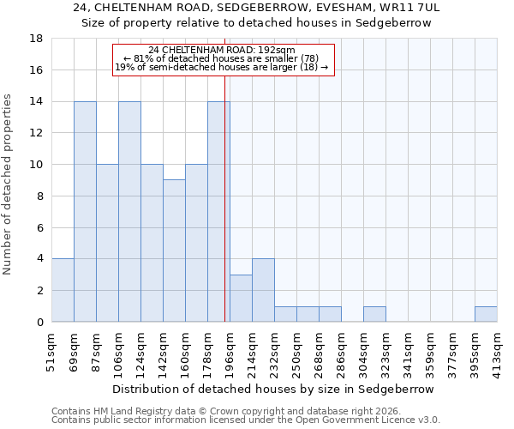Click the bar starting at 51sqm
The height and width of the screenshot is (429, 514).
(x=63, y=290)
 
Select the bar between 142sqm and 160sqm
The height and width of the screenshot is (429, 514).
(x=174, y=251)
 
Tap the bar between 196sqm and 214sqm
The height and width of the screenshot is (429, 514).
(x=241, y=298)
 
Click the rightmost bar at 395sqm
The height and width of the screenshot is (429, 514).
(x=486, y=314)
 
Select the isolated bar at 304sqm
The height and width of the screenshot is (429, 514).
(x=374, y=314)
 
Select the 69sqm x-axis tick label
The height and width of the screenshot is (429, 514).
(x=74, y=347)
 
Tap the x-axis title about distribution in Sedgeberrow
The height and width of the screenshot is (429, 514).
(x=273, y=389)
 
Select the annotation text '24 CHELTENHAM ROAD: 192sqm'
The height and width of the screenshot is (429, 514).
(x=221, y=51)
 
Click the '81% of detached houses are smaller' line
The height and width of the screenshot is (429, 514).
(x=221, y=58)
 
